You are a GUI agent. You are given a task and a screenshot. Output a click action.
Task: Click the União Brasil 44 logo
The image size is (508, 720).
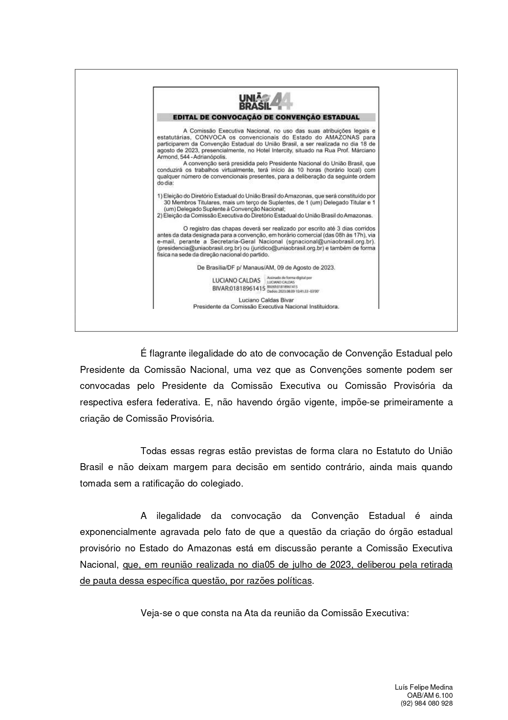265,101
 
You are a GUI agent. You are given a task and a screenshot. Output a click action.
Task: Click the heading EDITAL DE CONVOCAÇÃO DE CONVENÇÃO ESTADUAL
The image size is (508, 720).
266,117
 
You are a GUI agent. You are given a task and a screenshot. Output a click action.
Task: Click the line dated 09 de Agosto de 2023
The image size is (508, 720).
266,267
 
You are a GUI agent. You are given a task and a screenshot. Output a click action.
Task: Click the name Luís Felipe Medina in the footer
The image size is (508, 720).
424,687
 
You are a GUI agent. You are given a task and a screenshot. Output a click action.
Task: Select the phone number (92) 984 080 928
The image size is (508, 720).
426,703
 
